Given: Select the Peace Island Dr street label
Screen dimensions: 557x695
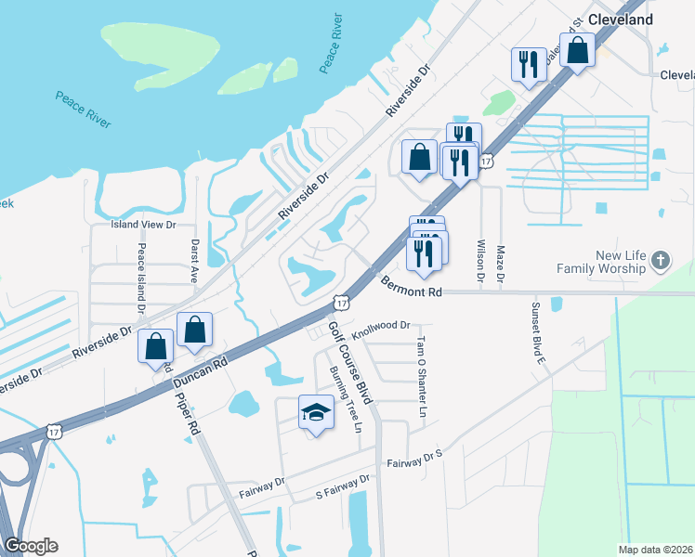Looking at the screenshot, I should [141, 277].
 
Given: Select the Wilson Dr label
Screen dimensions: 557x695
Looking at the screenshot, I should [480, 261].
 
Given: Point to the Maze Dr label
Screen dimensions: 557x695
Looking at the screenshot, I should [501, 264].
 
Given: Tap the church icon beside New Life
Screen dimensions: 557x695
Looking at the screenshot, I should [660, 261].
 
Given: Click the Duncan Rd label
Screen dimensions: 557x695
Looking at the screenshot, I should [198, 369].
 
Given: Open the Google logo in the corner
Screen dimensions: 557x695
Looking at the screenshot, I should [31, 546].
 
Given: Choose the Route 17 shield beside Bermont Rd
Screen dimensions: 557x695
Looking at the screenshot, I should [342, 303].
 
